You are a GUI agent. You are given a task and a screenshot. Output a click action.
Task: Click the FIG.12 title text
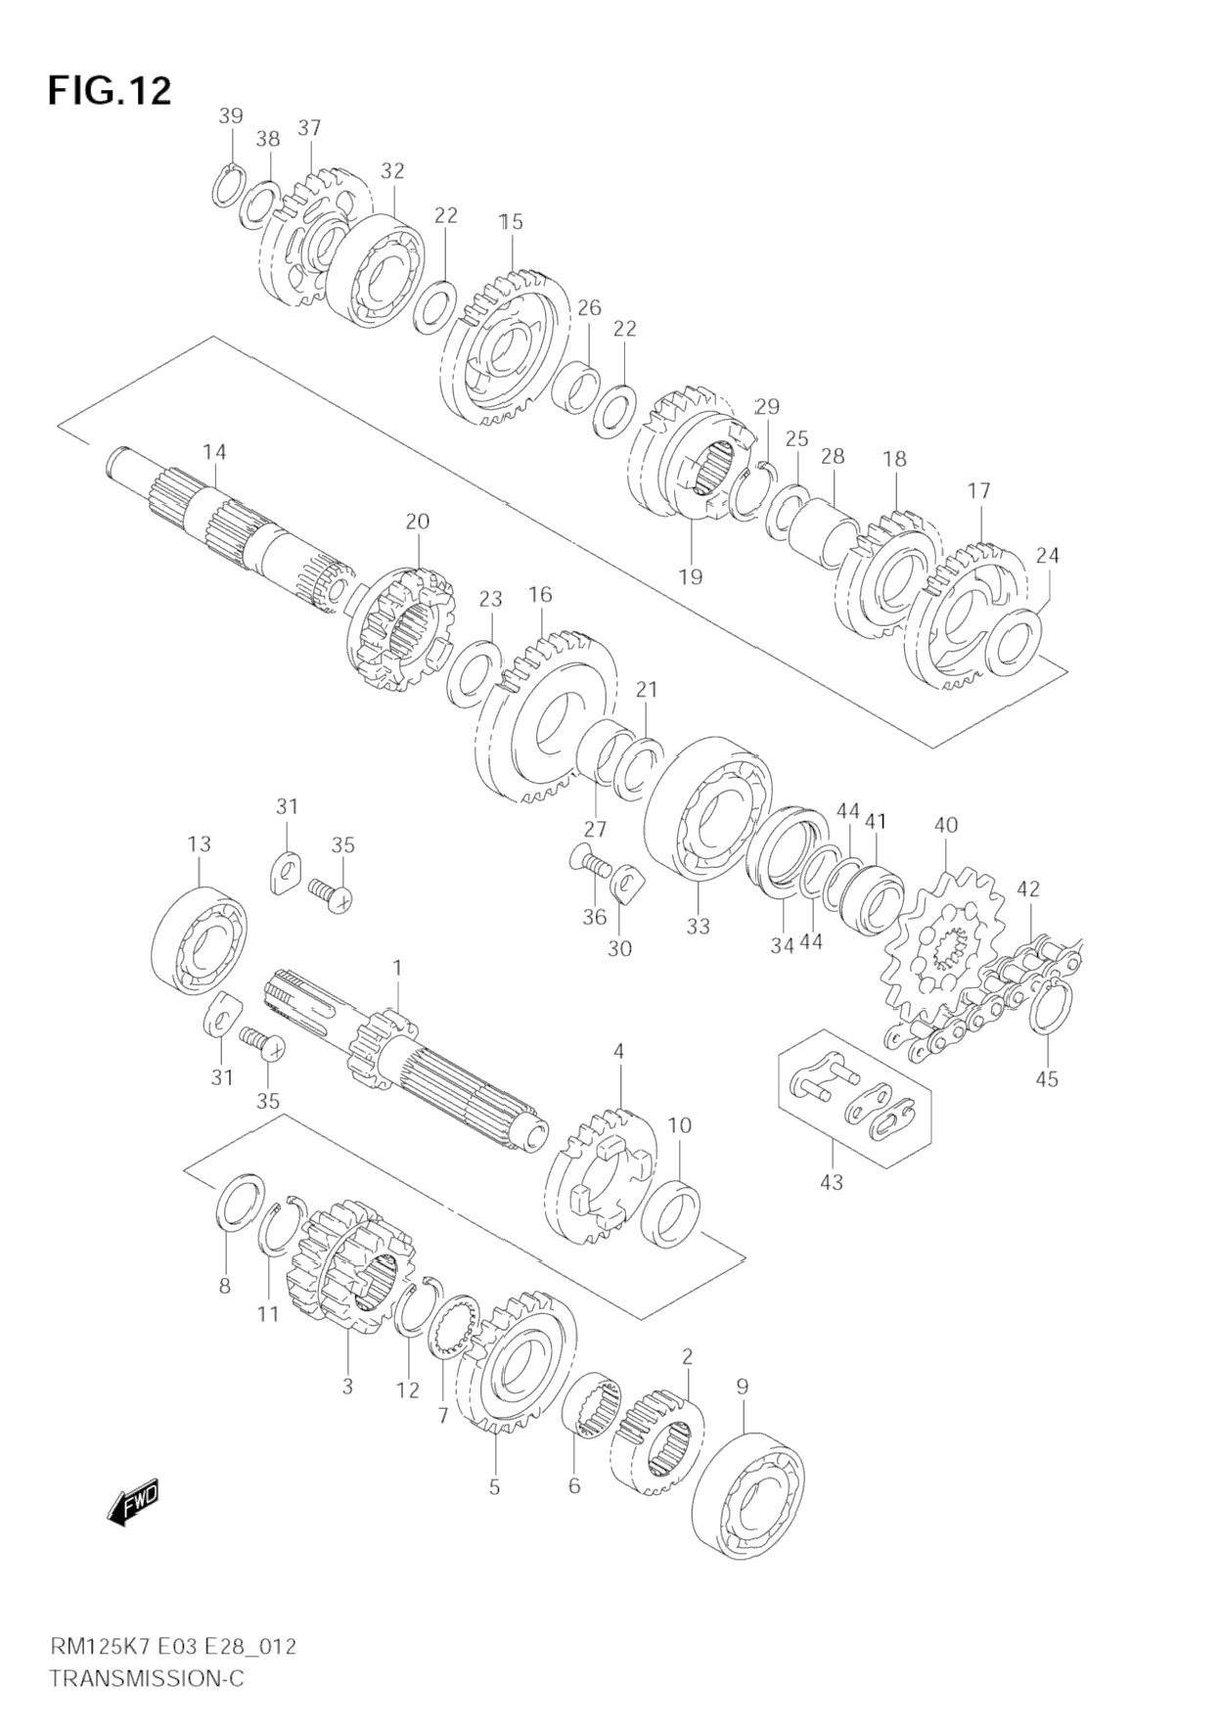pos(110,91)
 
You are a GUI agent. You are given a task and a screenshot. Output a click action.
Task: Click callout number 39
pos(231,115)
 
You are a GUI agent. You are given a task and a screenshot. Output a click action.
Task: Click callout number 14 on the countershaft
pos(214,451)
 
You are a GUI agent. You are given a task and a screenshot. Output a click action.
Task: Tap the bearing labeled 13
pos(200,939)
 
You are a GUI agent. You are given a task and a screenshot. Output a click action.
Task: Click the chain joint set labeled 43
pos(854,1098)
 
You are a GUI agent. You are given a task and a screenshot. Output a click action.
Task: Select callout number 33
pos(698,926)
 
